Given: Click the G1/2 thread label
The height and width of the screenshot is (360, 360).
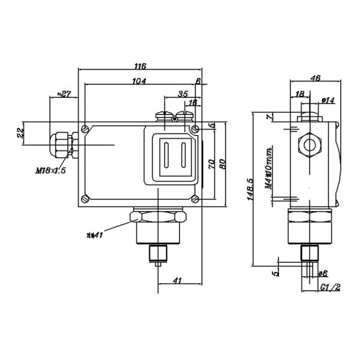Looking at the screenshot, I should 330,287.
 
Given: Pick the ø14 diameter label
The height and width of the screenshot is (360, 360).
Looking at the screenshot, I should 328,100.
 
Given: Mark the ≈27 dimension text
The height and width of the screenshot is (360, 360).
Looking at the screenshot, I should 64,94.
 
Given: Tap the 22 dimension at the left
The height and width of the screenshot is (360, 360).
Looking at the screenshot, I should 20,133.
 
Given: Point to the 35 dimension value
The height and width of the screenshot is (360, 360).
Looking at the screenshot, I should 184,94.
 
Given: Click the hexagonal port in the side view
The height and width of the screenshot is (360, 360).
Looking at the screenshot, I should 310,144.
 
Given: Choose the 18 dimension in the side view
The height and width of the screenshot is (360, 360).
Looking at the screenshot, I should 300,94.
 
